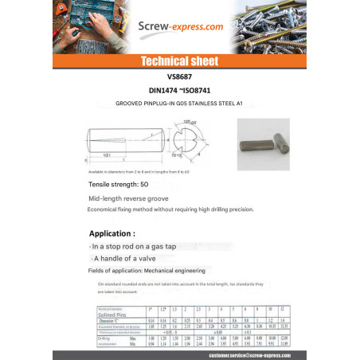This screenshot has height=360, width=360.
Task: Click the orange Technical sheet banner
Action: pyautogui.click(x=179, y=61)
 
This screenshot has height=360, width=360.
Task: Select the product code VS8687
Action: pyautogui.click(x=179, y=77)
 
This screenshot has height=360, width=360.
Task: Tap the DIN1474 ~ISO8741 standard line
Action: pyautogui.click(x=179, y=91)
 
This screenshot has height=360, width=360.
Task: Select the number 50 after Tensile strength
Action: pyautogui.click(x=144, y=184)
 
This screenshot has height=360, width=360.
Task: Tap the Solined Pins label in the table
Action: pyautogui.click(x=110, y=313)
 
